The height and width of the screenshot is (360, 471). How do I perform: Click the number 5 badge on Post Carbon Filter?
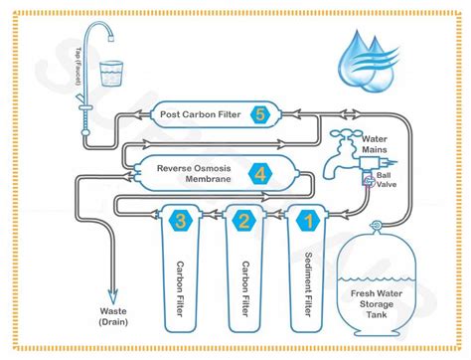(x=259, y=113)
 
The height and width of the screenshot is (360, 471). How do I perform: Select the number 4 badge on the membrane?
(x=258, y=172)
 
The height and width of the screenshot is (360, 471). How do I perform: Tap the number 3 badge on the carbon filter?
(x=180, y=220)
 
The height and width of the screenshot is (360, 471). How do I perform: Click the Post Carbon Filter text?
(x=203, y=114)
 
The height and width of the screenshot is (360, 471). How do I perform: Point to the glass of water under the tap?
(x=113, y=74)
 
